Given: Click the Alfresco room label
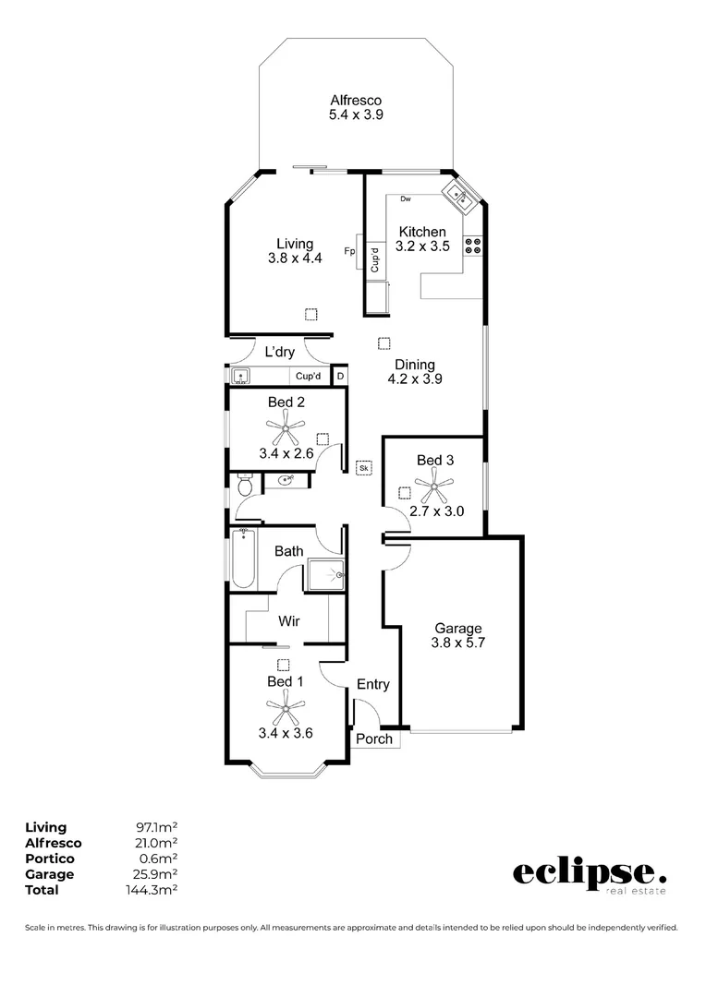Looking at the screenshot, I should [356, 101].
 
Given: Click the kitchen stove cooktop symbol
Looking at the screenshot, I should [473, 246].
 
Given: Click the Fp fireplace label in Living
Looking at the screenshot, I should [350, 251].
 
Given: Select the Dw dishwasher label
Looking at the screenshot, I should [405, 199].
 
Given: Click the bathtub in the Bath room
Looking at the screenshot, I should [242, 558].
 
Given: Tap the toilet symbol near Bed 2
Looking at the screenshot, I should [244, 483].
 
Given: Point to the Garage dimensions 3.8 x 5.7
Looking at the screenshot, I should [458, 644].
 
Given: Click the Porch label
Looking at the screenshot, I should [374, 739].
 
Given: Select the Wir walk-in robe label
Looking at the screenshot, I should [289, 621].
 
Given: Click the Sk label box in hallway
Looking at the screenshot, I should [364, 468].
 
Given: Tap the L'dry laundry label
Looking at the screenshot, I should [279, 352].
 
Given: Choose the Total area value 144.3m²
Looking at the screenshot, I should [156, 890].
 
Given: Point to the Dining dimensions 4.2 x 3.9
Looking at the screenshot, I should [412, 379].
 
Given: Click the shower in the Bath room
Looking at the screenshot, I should [325, 574].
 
